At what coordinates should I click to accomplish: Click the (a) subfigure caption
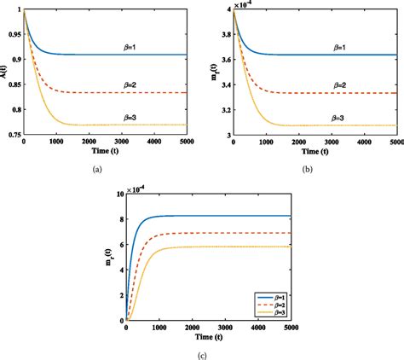tap(97, 170)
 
